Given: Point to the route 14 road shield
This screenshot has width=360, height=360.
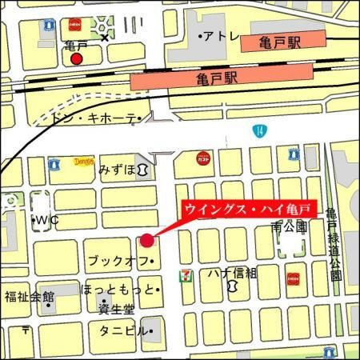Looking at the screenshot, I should [258, 130].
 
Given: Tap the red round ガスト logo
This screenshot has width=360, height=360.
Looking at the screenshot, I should [202, 158].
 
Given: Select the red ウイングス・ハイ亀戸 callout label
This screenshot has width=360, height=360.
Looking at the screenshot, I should [251, 210].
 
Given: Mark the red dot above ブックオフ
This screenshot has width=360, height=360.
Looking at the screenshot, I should [147, 240].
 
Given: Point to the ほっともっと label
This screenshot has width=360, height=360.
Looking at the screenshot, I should [117, 290].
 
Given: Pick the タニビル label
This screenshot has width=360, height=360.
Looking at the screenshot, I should [122, 330].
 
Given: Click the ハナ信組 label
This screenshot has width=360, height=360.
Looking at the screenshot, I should [234, 274].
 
